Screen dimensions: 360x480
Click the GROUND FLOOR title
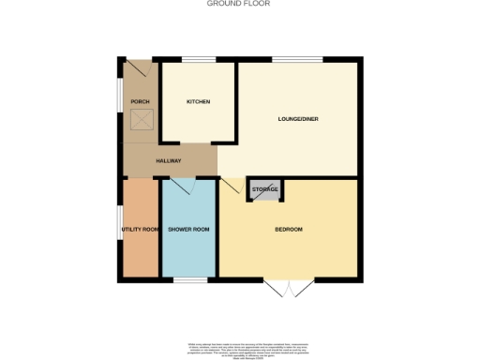[x=239, y=4]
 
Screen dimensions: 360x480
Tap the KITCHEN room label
[x=198, y=101]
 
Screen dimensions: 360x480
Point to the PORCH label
[x=140, y=101]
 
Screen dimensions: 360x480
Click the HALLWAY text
[x=168, y=161]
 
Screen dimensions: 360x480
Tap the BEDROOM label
[x=289, y=230]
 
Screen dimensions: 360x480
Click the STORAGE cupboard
[x=265, y=190]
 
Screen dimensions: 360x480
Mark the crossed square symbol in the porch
[x=142, y=120]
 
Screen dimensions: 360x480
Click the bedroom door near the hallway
[x=228, y=186]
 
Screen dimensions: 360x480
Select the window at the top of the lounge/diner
[x=298, y=61]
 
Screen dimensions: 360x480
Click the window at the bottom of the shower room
[x=190, y=279]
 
